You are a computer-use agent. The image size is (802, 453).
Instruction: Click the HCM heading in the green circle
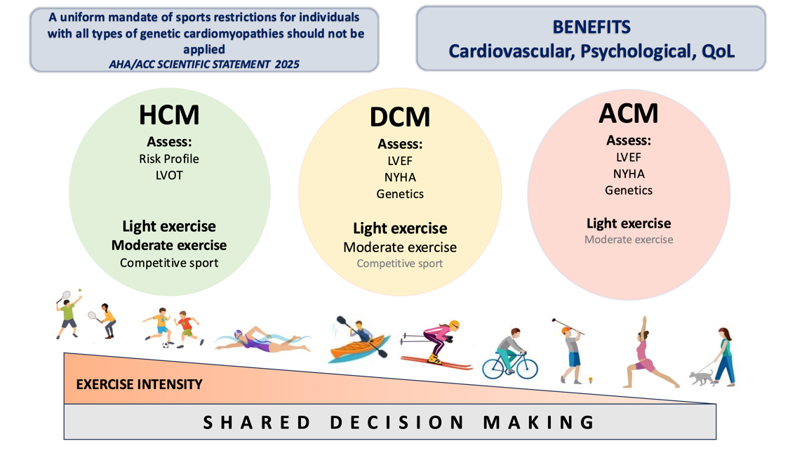click(x=169, y=115)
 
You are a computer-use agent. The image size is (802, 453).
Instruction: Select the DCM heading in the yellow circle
click(x=400, y=117)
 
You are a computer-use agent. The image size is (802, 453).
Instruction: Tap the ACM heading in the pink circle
click(x=629, y=114)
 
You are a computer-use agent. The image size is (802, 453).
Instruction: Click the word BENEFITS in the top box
click(x=591, y=27)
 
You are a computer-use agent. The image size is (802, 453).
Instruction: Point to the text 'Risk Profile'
click(x=169, y=159)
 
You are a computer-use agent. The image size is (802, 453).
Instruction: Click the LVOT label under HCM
click(x=169, y=175)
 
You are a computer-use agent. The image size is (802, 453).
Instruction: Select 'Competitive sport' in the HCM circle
click(x=169, y=263)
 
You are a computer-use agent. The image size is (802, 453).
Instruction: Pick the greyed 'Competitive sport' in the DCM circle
click(x=400, y=263)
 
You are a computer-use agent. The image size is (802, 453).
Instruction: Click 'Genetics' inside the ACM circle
click(x=629, y=190)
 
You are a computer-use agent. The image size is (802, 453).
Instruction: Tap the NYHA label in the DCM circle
click(x=400, y=177)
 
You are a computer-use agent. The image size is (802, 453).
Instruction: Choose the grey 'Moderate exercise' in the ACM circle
click(x=629, y=239)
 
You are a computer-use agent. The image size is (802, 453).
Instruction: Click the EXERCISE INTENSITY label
click(x=139, y=384)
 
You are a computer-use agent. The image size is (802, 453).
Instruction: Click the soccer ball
click(x=166, y=345)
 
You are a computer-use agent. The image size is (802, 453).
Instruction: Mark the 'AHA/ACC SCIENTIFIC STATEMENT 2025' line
click(x=204, y=63)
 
